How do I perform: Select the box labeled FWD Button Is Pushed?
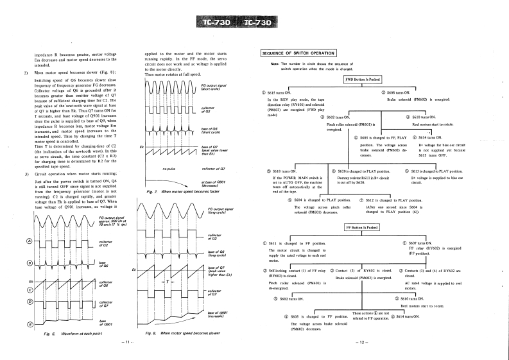363,79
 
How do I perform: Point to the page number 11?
126,341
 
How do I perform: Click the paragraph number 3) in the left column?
26,174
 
